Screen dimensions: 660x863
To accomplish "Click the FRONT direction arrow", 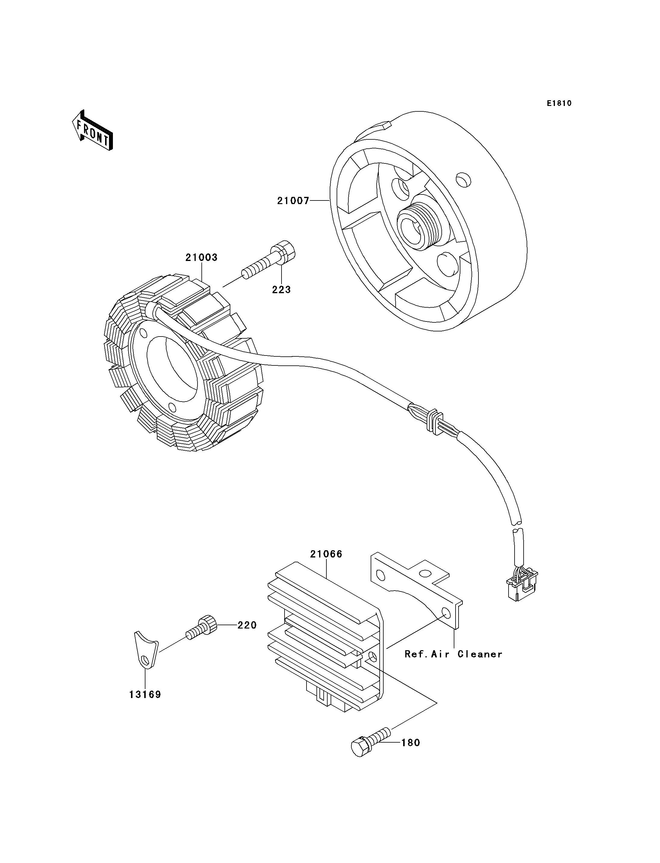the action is click(93, 130).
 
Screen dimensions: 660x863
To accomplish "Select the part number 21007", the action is click(293, 201).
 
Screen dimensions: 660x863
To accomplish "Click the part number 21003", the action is click(201, 258).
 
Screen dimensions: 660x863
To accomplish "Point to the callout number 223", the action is click(281, 290).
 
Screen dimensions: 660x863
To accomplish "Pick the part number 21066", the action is click(326, 554).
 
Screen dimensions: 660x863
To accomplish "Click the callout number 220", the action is click(247, 625).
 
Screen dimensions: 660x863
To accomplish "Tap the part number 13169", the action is click(145, 694).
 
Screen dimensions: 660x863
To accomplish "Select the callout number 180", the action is click(410, 743).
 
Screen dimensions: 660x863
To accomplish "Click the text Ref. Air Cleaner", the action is click(453, 654).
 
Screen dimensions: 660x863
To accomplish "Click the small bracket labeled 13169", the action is click(145, 649).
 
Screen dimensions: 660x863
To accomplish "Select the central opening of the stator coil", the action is click(173, 367).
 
